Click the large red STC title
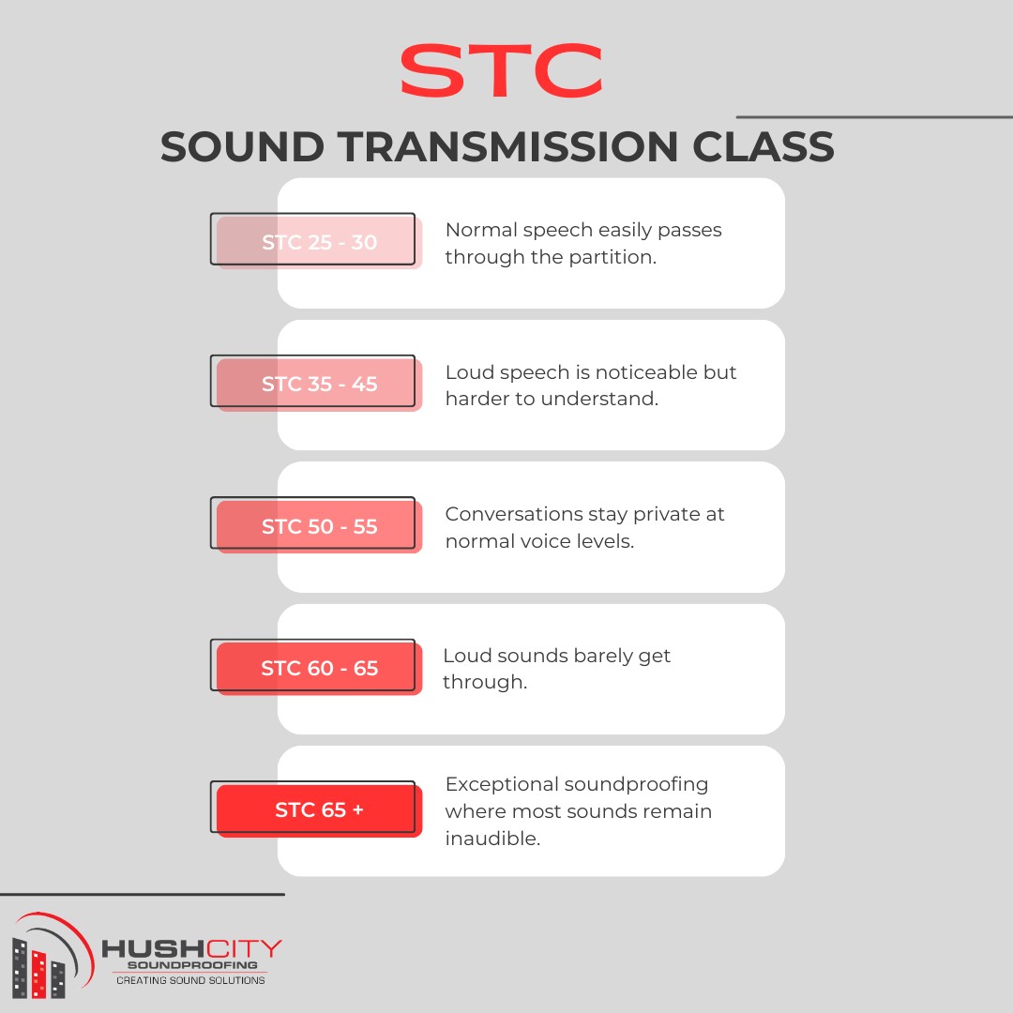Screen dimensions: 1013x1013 pos(502,73)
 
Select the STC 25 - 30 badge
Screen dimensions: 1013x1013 pos(319,243)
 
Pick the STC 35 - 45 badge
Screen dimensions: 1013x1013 pos(319,385)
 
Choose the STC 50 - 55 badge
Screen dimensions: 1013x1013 pos(319,527)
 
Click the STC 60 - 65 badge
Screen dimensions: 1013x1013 pos(319,669)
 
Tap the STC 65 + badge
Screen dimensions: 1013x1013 pos(319,810)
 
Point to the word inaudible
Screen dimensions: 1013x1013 pos(491,839)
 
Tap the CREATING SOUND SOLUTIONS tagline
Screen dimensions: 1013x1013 pos(190,980)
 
